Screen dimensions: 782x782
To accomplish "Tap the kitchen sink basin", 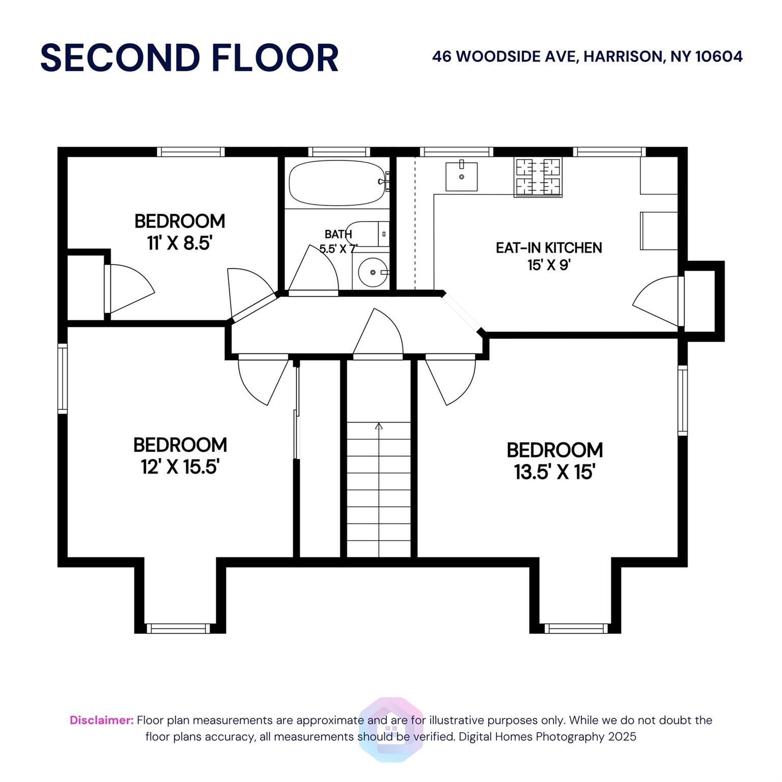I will point(461,177).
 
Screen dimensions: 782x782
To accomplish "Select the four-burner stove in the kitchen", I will point(538,177).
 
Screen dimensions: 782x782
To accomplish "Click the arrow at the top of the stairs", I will point(378,426).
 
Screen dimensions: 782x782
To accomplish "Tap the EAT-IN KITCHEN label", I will point(549,248).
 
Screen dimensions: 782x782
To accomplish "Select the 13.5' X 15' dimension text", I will point(554,472).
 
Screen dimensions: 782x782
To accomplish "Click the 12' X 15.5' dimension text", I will point(180,467).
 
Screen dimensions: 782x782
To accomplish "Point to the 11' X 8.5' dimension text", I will point(179,243).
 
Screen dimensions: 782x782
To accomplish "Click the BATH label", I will point(338,234).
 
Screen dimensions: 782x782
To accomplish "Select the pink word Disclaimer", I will point(101,720).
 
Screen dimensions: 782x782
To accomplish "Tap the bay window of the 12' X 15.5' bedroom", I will point(178,628).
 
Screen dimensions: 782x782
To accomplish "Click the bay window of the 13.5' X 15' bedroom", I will point(576,628).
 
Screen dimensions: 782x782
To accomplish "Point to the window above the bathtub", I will point(339,152).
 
